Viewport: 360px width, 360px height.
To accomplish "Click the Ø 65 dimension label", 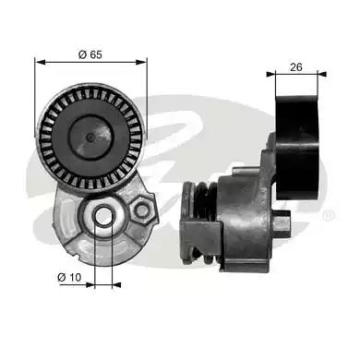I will pyautogui.click(x=90, y=54).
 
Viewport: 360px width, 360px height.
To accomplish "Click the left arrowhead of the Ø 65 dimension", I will pyautogui.click(x=40, y=63).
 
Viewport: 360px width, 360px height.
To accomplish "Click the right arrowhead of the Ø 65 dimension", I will pyautogui.click(x=142, y=63).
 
